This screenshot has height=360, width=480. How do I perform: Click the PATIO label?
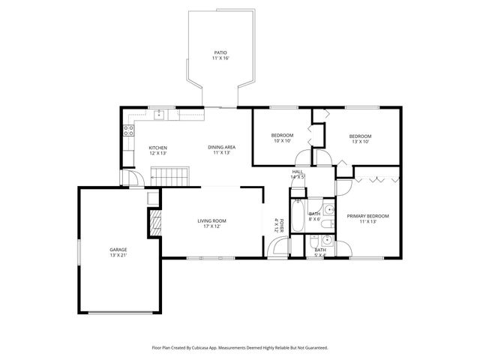click(220, 52)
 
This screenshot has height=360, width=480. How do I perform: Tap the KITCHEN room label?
click(157, 147)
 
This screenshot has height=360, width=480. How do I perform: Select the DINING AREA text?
click(221, 147)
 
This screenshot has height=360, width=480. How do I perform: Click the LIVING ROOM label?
click(211, 220)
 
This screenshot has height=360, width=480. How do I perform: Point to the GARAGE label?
click(118, 250)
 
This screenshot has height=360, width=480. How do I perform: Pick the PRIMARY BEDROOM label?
click(367, 216)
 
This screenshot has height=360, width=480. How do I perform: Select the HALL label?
click(297, 172)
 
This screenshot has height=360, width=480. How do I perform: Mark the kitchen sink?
click(160, 115)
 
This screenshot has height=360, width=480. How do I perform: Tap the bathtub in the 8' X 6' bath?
click(298, 215)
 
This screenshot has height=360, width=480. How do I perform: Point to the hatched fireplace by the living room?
click(155, 223)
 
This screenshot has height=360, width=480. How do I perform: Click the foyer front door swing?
click(274, 249)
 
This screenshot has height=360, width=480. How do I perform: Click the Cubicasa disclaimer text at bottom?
click(240, 347)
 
